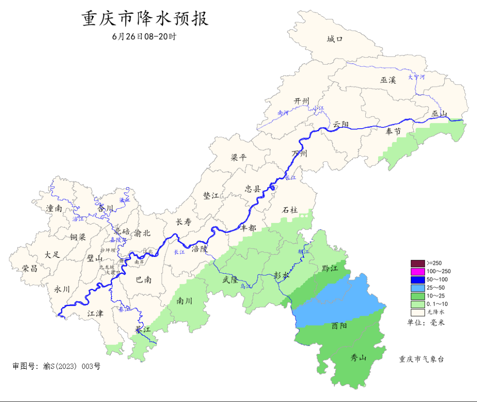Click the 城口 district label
(x=335, y=39)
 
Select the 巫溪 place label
(x=388, y=80)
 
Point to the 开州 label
(x=303, y=101)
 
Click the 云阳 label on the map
(x=341, y=124)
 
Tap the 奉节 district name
(x=393, y=131)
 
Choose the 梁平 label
(x=239, y=157)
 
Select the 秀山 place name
(x=358, y=357)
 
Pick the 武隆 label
(x=230, y=279)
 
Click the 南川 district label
(x=184, y=301)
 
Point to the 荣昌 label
(x=30, y=268)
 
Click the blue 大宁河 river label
(x=416, y=77)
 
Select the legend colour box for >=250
(x=417, y=263)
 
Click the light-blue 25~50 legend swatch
(x=417, y=287)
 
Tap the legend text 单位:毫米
(x=426, y=322)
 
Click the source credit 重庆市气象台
(x=421, y=359)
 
